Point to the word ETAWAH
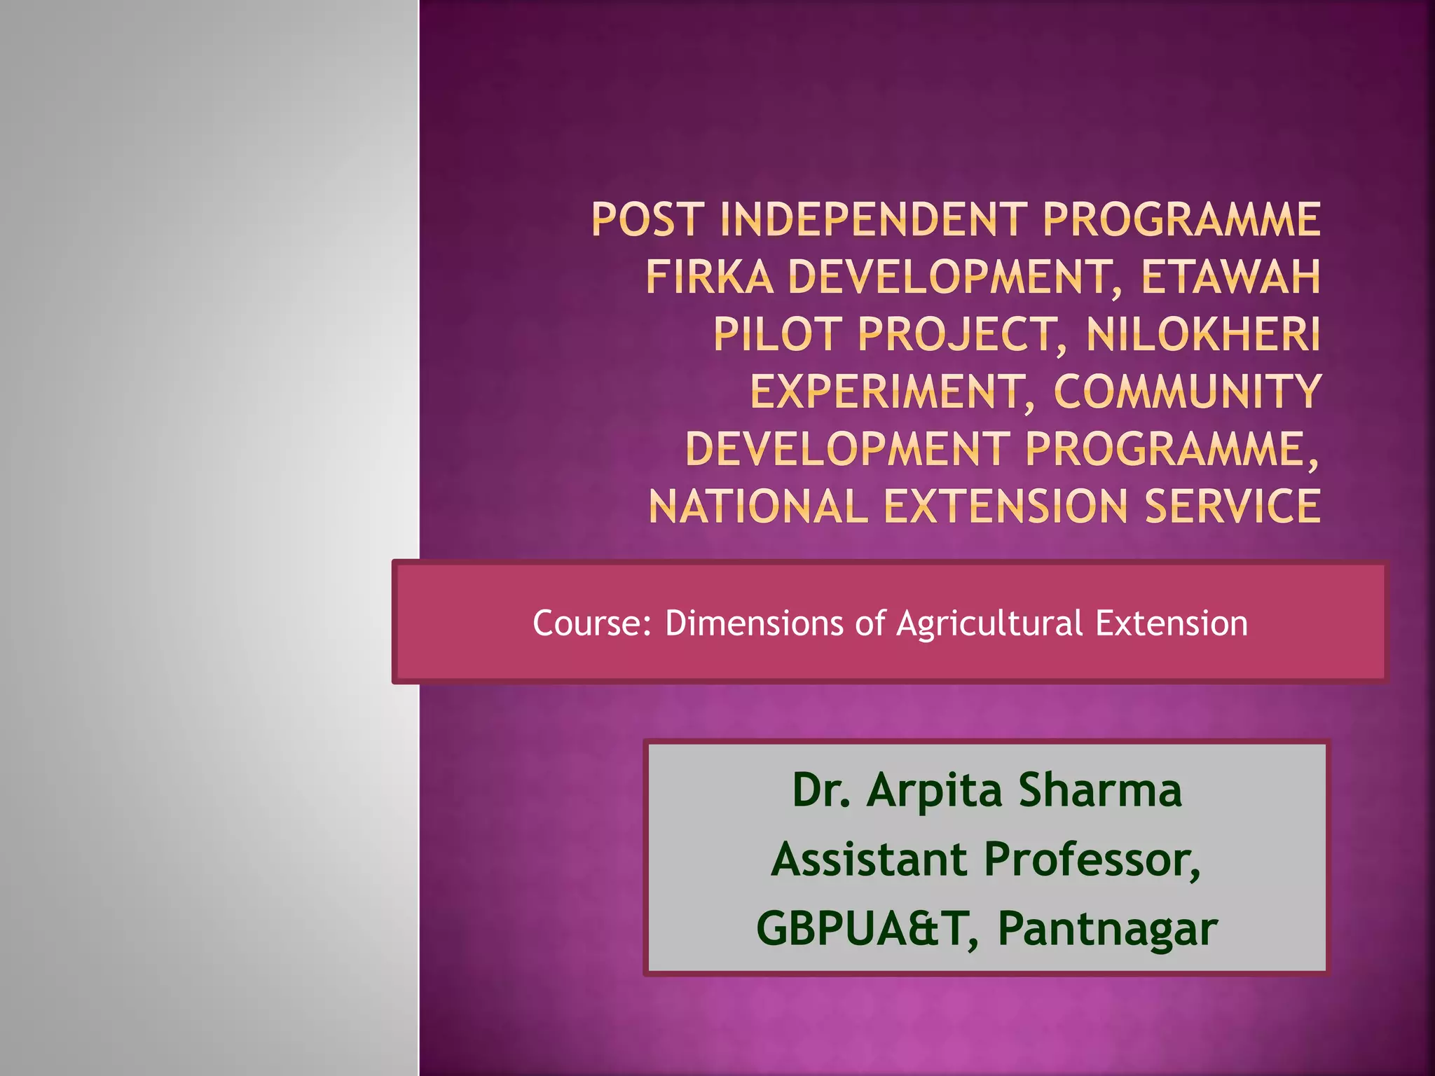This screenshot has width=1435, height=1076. click(x=1231, y=277)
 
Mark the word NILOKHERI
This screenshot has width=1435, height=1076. click(x=1203, y=334)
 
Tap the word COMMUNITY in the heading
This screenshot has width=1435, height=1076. click(x=1187, y=392)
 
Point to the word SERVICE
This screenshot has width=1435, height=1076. click(x=1233, y=506)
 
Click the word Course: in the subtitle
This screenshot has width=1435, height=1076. click(x=592, y=623)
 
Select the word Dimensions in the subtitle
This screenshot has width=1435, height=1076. click(x=754, y=623)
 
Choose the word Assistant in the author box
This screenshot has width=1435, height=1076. click(x=870, y=860)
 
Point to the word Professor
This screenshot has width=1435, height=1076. click(x=1091, y=861)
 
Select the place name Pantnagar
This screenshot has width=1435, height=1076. click(x=1107, y=930)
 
